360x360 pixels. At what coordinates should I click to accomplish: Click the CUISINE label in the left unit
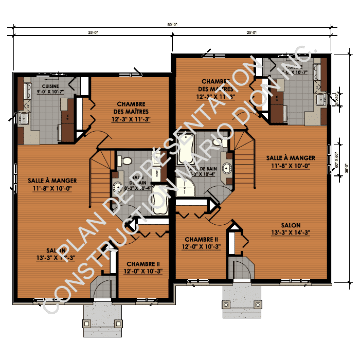pos(50,86)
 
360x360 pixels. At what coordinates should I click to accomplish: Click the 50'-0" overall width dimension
pos(172,24)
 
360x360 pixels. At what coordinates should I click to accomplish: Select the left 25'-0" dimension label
pos(93,32)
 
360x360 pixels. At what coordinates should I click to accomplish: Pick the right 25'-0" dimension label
pos(251,32)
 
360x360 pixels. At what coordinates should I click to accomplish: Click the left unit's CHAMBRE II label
pos(143,264)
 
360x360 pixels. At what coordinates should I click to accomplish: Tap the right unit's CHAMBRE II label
pos(202,239)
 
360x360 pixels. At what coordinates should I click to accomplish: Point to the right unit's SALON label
pos(291,225)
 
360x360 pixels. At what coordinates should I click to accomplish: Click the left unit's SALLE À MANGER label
pos(52,181)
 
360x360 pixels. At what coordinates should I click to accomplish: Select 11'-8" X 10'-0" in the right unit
pos(291,166)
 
